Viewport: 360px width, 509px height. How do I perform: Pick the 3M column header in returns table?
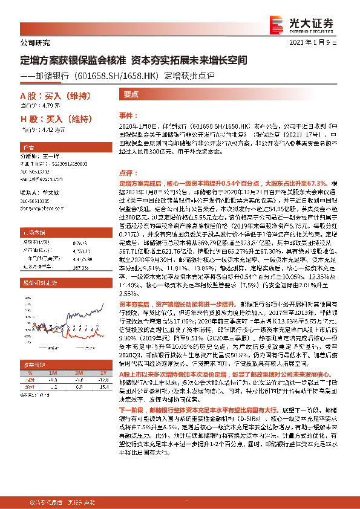click(x=78, y=374)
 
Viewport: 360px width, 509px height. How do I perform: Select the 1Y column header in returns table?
click(x=103, y=374)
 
